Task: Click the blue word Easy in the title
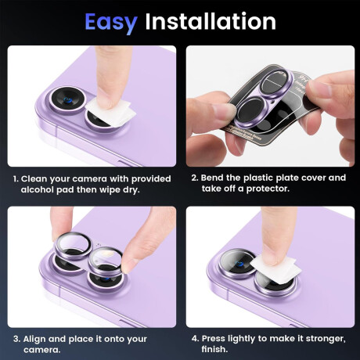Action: pos(111,22)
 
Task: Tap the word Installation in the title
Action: pos(211,21)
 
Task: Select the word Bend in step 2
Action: pos(212,178)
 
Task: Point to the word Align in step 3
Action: pos(34,339)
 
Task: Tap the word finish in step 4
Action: pos(213,349)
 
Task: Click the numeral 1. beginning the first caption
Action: pos(16,179)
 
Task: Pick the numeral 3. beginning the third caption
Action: pos(16,339)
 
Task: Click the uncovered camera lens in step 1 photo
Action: pos(67,99)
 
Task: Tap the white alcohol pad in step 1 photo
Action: pos(111,112)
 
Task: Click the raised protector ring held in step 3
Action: pos(73,247)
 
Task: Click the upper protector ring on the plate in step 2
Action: pos(277,83)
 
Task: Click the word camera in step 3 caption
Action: pos(41,350)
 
